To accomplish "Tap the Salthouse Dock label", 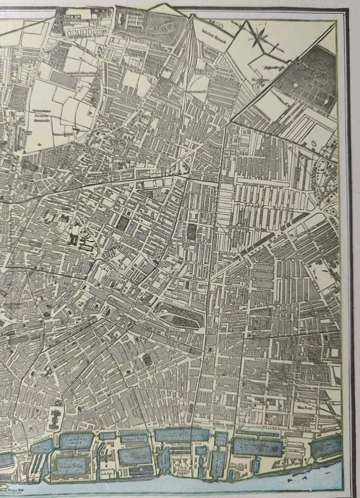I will tap(75, 441).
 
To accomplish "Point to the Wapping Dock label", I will tap(136, 438).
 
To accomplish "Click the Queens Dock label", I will tap(182, 435).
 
